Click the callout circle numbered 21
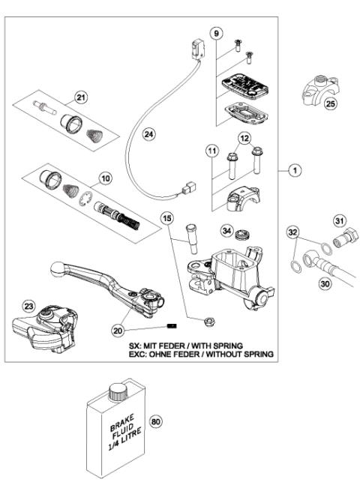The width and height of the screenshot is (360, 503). [x=81, y=95]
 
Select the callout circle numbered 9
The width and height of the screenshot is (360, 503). [x=216, y=34]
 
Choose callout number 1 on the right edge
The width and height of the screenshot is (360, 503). [x=295, y=171]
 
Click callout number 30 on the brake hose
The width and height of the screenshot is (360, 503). [x=324, y=284]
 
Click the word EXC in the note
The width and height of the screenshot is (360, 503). [x=139, y=352]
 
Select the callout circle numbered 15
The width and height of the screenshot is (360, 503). [x=166, y=218]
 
